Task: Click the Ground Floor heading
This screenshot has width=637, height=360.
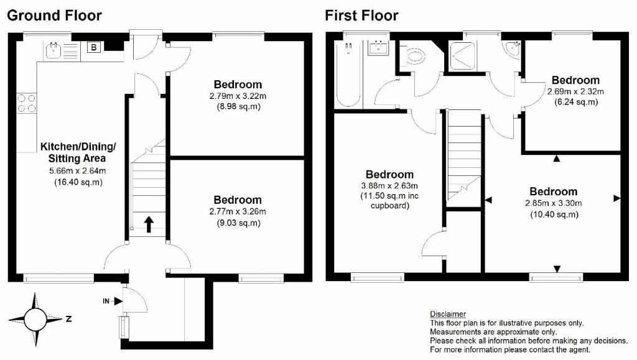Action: (54, 15)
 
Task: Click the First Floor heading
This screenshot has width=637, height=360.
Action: (361, 15)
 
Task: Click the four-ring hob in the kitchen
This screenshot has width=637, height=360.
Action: (27, 103)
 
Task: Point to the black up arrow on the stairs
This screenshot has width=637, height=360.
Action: (149, 224)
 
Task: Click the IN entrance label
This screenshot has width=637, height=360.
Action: (105, 301)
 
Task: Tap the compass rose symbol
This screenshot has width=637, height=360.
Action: (35, 320)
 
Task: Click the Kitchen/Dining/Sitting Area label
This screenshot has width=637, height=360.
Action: (78, 152)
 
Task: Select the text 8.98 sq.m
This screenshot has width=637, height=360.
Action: (238, 107)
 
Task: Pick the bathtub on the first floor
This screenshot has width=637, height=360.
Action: (345, 75)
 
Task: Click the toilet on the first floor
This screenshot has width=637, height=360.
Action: (414, 57)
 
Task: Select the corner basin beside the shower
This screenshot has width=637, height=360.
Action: (513, 49)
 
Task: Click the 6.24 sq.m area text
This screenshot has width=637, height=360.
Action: (575, 103)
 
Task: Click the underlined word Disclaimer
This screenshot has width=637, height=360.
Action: (448, 314)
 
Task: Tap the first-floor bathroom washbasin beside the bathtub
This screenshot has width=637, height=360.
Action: (378, 47)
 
